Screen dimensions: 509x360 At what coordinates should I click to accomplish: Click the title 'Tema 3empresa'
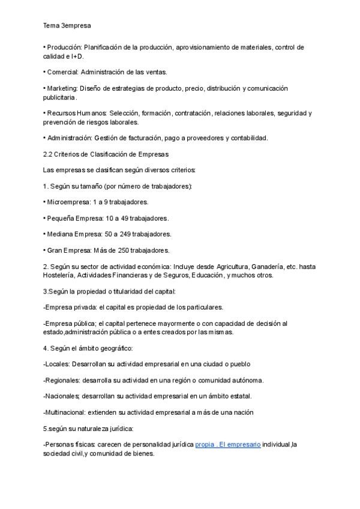[x=67, y=26]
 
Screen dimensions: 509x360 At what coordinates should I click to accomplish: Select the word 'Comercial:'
[x=62, y=72]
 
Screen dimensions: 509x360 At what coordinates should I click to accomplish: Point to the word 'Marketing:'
[x=62, y=88]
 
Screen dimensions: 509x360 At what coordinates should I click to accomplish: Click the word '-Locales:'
[x=56, y=364]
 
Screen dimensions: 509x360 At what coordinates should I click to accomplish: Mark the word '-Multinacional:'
[x=65, y=412]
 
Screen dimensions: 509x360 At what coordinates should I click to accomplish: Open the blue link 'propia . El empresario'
[x=228, y=445]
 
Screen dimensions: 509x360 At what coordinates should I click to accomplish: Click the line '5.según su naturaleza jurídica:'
[x=88, y=429]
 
